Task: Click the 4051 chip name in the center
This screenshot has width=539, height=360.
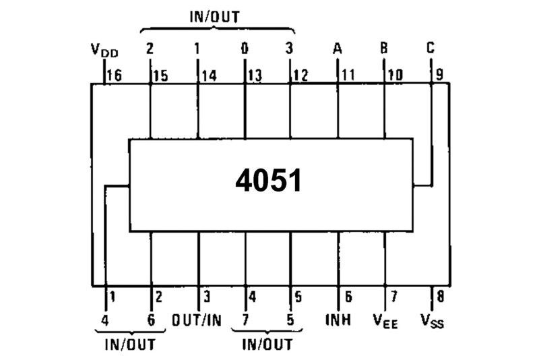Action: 269,181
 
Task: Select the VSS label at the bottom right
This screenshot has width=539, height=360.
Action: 431,320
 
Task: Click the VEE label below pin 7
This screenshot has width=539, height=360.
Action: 385,320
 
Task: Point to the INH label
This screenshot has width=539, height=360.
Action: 338,319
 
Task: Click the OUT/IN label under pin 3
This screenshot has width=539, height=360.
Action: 197,319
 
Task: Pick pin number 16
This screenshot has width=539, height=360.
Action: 114,76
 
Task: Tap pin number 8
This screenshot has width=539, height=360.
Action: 440,296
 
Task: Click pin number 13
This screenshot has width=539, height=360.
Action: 254,76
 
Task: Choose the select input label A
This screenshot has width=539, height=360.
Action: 337,49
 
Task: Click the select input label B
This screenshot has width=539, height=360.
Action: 384,49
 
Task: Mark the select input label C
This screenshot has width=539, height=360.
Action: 431,49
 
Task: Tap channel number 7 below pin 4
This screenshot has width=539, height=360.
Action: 245,319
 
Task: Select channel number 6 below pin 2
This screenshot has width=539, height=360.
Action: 151,319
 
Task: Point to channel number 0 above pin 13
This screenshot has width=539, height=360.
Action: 244,49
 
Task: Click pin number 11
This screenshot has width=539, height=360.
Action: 347,76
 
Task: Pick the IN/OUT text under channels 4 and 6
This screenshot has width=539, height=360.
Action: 130,344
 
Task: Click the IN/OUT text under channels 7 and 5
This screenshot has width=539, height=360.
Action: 267,344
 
